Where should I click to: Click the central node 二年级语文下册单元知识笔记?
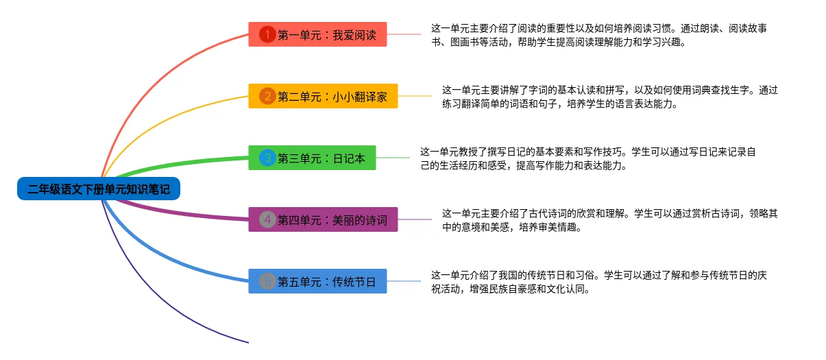click(x=99, y=189)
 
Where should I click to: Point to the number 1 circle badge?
click(x=267, y=34)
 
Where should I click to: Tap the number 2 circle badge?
click(x=267, y=97)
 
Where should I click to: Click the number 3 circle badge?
click(x=267, y=158)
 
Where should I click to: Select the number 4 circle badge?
click(x=267, y=219)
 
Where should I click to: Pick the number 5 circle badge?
click(x=267, y=281)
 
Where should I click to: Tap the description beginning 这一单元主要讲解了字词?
click(x=609, y=97)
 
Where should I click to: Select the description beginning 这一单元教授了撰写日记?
click(x=588, y=158)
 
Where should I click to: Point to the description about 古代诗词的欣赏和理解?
click(x=609, y=220)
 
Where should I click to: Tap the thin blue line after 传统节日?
click(x=404, y=281)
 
